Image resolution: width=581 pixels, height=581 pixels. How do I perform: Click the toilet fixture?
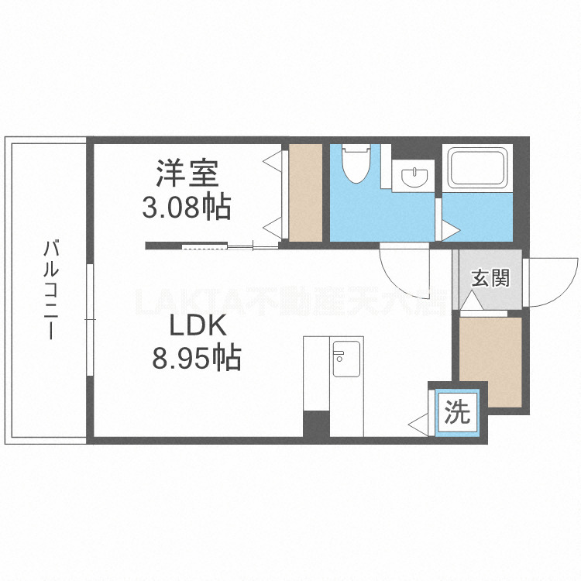tap(357, 163)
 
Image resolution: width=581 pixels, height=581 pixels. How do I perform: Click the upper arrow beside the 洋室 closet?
tap(273, 160)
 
